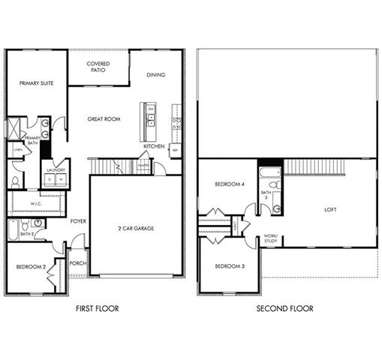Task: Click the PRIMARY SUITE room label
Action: [x=35, y=85]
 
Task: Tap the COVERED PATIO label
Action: [x=98, y=67]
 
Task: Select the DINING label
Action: [x=155, y=75]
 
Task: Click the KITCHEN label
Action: [x=154, y=146]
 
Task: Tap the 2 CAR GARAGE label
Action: [x=136, y=228]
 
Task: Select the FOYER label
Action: [x=77, y=221]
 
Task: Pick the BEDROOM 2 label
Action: [x=32, y=266]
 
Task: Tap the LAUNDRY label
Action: [x=56, y=170]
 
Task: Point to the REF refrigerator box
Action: [x=175, y=150]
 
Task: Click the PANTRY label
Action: [x=143, y=166]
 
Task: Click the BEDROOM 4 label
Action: [x=229, y=184]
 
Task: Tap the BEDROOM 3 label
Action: [x=229, y=266]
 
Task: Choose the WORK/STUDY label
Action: [x=271, y=239]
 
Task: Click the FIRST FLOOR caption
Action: [x=97, y=308]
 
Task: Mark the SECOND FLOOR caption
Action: [x=284, y=308]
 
